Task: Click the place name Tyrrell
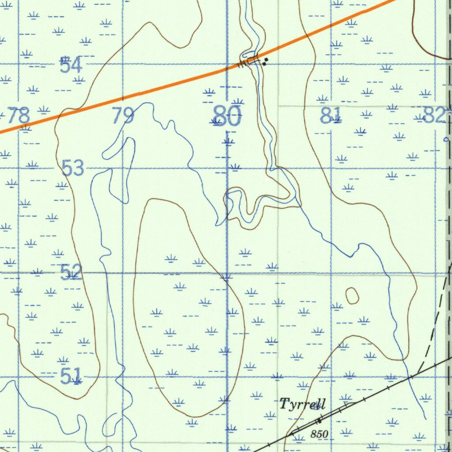(302, 403)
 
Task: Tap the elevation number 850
(319, 434)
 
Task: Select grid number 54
(71, 65)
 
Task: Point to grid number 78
(19, 116)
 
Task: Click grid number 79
(123, 116)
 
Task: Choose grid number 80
(227, 116)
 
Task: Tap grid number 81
(331, 116)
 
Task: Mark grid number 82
(434, 115)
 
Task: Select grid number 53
(73, 168)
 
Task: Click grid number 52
(71, 272)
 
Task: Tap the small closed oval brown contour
(352, 296)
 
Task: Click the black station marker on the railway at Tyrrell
(318, 420)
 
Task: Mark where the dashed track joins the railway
(418, 373)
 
